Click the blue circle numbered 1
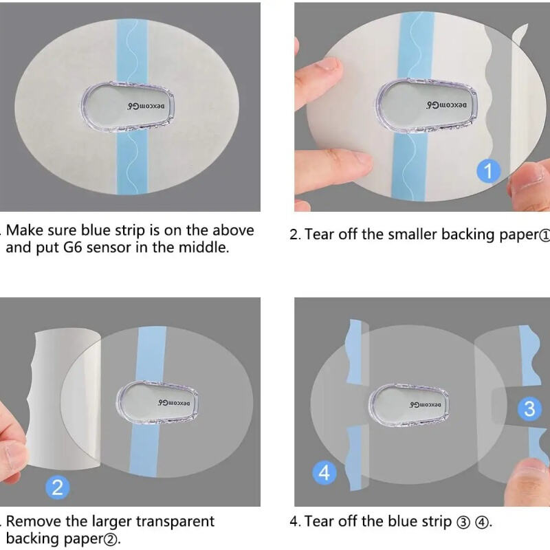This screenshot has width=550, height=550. [x=488, y=170]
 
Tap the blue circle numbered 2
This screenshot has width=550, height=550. [x=58, y=487]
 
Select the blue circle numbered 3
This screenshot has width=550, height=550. [x=529, y=408]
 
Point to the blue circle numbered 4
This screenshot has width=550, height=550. [x=324, y=472]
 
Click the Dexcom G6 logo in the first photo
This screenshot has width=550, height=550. [x=146, y=107]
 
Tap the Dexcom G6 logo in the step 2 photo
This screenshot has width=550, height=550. [x=446, y=105]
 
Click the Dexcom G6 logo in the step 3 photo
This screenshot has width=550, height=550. [x=174, y=403]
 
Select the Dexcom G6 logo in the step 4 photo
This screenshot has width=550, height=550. [x=425, y=405]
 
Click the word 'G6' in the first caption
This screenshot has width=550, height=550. [x=73, y=247]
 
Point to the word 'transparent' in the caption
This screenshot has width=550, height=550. [x=175, y=522]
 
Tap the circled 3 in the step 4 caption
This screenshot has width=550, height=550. [x=463, y=522]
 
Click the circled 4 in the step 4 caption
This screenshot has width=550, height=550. [x=482, y=522]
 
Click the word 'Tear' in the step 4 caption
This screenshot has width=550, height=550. [x=319, y=522]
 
